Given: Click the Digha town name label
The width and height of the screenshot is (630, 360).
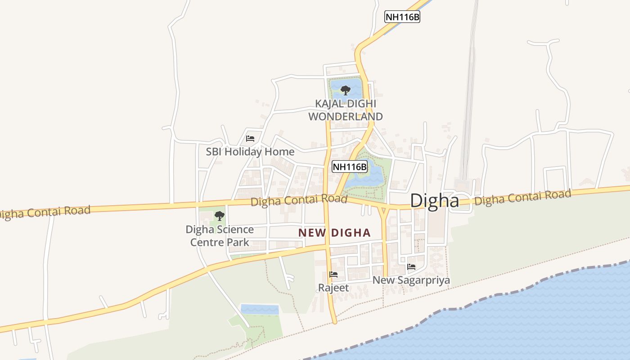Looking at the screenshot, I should pos(434,201).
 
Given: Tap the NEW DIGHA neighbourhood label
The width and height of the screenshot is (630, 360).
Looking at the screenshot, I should pos(334,233).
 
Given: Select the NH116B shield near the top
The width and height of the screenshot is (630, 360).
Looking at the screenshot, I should pos(402,17).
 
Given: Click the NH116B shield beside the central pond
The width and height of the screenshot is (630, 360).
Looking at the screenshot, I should pos(349,167).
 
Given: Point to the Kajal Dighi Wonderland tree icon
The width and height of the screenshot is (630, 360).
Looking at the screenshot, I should pos(345,90).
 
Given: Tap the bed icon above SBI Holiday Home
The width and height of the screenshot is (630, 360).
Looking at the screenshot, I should pos(250,138).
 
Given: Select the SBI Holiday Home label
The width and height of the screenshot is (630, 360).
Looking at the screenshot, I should pos(250,152).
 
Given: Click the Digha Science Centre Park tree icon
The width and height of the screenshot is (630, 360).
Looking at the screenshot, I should pos(219,216).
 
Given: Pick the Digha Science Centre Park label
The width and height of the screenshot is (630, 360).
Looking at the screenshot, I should pos(220,236).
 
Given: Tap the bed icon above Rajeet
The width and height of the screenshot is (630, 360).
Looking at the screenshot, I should pos(333,274).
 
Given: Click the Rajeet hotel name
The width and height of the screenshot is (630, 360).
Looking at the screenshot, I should pos(333,287).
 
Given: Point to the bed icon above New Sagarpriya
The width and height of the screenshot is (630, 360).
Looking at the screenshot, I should pos(411,266).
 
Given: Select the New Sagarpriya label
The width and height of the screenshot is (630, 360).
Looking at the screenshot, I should pos(411,280).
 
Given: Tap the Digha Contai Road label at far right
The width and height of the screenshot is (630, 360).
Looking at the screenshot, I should pos(523,197).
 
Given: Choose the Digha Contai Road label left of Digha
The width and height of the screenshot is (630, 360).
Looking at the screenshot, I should pos(299,200).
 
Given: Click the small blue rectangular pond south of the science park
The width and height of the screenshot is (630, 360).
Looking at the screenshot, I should pos(260,309).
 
